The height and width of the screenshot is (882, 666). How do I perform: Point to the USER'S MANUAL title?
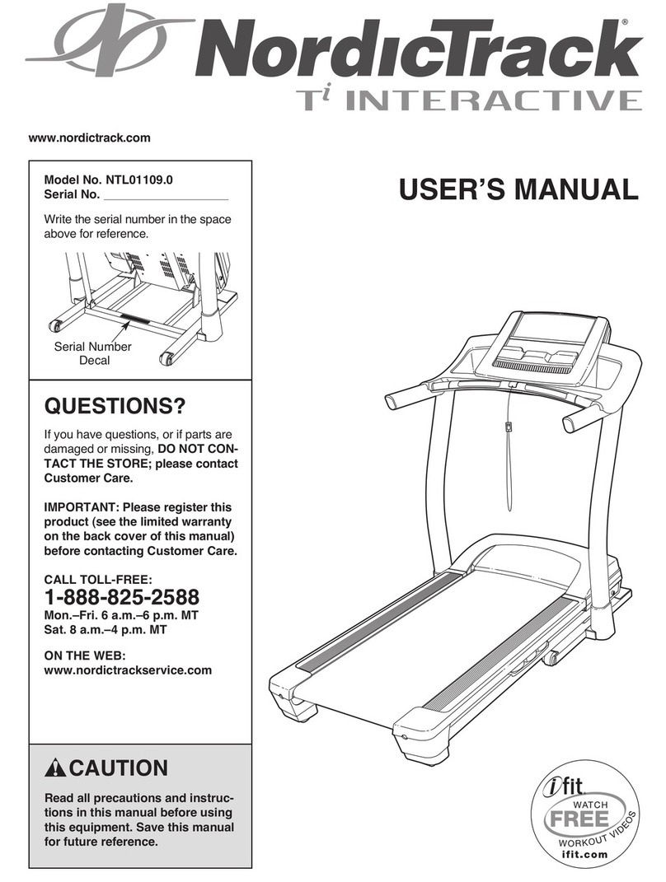[518, 190]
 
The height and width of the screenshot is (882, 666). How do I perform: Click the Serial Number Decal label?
[92, 353]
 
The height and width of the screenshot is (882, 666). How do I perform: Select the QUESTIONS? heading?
[115, 407]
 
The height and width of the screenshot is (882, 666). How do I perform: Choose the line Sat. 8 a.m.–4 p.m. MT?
[118, 628]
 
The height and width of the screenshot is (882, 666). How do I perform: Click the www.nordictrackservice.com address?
[128, 670]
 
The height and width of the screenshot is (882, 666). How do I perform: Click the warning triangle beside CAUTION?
[55, 769]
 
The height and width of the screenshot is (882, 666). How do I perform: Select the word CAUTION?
[118, 769]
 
